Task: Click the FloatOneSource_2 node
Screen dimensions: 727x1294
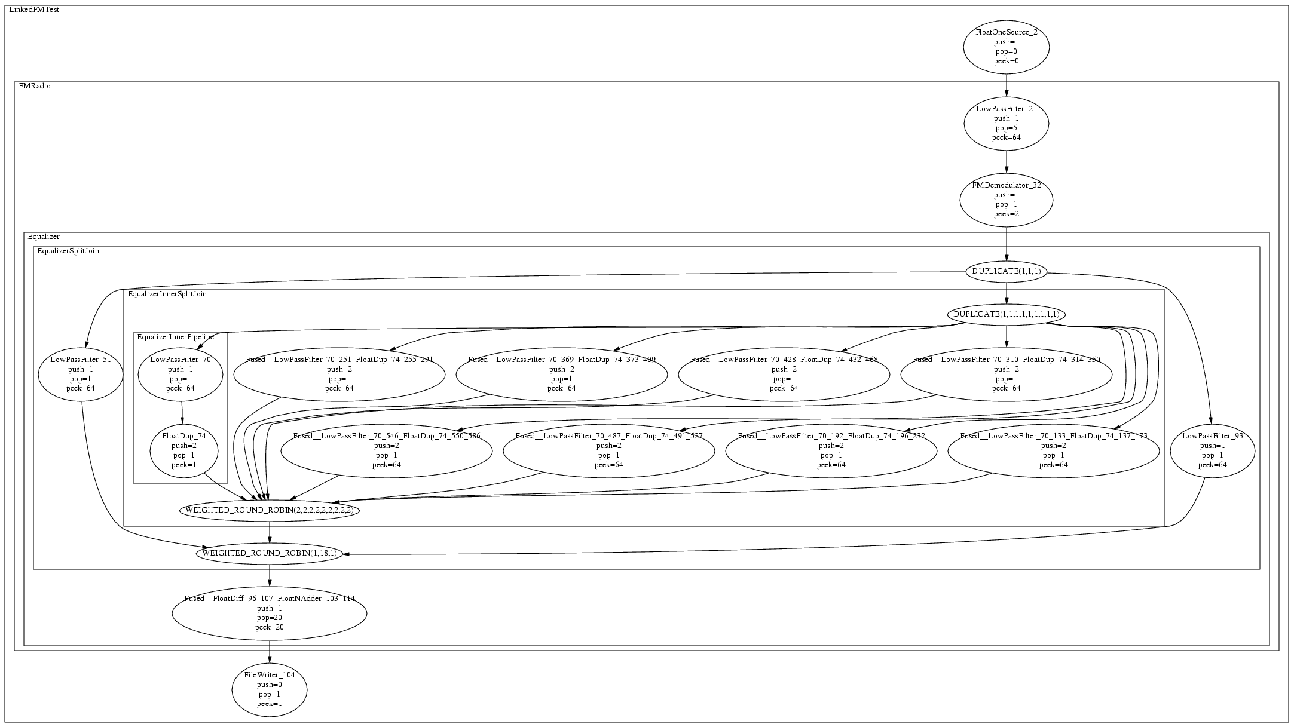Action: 1006,47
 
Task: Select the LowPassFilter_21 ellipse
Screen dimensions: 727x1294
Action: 1006,123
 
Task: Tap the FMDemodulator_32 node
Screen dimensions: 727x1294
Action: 1006,200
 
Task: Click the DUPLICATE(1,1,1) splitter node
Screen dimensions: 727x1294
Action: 1006,271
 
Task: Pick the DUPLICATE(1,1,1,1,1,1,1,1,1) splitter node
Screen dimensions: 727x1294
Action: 1006,314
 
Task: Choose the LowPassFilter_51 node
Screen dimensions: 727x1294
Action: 80,375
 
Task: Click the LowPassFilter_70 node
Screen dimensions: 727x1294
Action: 180,375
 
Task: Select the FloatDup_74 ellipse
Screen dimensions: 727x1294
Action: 183,450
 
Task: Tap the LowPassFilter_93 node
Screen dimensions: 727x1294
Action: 1212,450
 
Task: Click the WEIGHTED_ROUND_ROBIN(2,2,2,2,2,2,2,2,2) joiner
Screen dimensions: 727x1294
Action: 269,511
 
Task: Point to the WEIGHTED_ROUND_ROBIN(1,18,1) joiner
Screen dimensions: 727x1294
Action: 269,553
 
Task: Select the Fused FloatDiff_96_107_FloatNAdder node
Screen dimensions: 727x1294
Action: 269,613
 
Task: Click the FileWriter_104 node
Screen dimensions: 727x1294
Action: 269,689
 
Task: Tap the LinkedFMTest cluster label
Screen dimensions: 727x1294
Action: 34,10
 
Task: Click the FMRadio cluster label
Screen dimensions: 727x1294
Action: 35,86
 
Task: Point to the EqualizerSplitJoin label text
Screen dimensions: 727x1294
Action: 68,251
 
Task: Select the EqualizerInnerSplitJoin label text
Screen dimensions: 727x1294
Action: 167,294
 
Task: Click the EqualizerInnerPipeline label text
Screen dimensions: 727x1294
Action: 175,337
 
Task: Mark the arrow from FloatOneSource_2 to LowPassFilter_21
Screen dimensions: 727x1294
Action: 1006,85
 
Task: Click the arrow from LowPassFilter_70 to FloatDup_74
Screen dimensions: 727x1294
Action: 182,412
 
